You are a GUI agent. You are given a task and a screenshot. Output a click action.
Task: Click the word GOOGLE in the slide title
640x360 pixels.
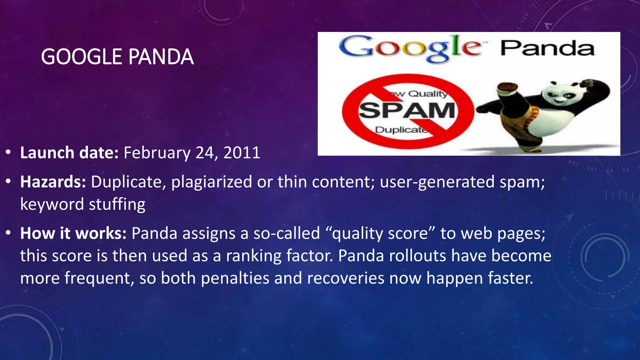point(82,57)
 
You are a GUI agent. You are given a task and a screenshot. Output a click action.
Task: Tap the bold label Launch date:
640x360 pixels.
point(69,153)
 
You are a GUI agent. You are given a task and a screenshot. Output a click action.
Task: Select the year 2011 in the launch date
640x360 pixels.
point(242,153)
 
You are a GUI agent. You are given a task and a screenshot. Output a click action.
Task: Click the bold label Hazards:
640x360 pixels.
point(53,182)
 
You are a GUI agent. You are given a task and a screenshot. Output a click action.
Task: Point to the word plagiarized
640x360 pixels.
point(212,182)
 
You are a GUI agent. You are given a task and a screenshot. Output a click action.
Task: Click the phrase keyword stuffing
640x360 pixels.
point(83,204)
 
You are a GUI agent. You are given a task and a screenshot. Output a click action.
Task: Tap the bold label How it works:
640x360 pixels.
point(73,233)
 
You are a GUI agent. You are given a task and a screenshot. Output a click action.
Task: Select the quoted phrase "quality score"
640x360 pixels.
point(380,233)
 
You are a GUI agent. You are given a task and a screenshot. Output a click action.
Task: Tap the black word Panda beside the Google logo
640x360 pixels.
point(547,48)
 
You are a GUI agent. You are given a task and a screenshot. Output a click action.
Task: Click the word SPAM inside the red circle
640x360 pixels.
point(407,111)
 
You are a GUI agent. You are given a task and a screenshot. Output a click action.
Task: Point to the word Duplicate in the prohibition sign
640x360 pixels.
point(401,130)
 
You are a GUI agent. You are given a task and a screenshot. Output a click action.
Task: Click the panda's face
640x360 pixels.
point(559,95)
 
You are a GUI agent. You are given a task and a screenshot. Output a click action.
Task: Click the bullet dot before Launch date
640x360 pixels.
point(8,153)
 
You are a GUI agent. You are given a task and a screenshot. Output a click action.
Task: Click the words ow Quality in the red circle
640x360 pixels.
point(419,93)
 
